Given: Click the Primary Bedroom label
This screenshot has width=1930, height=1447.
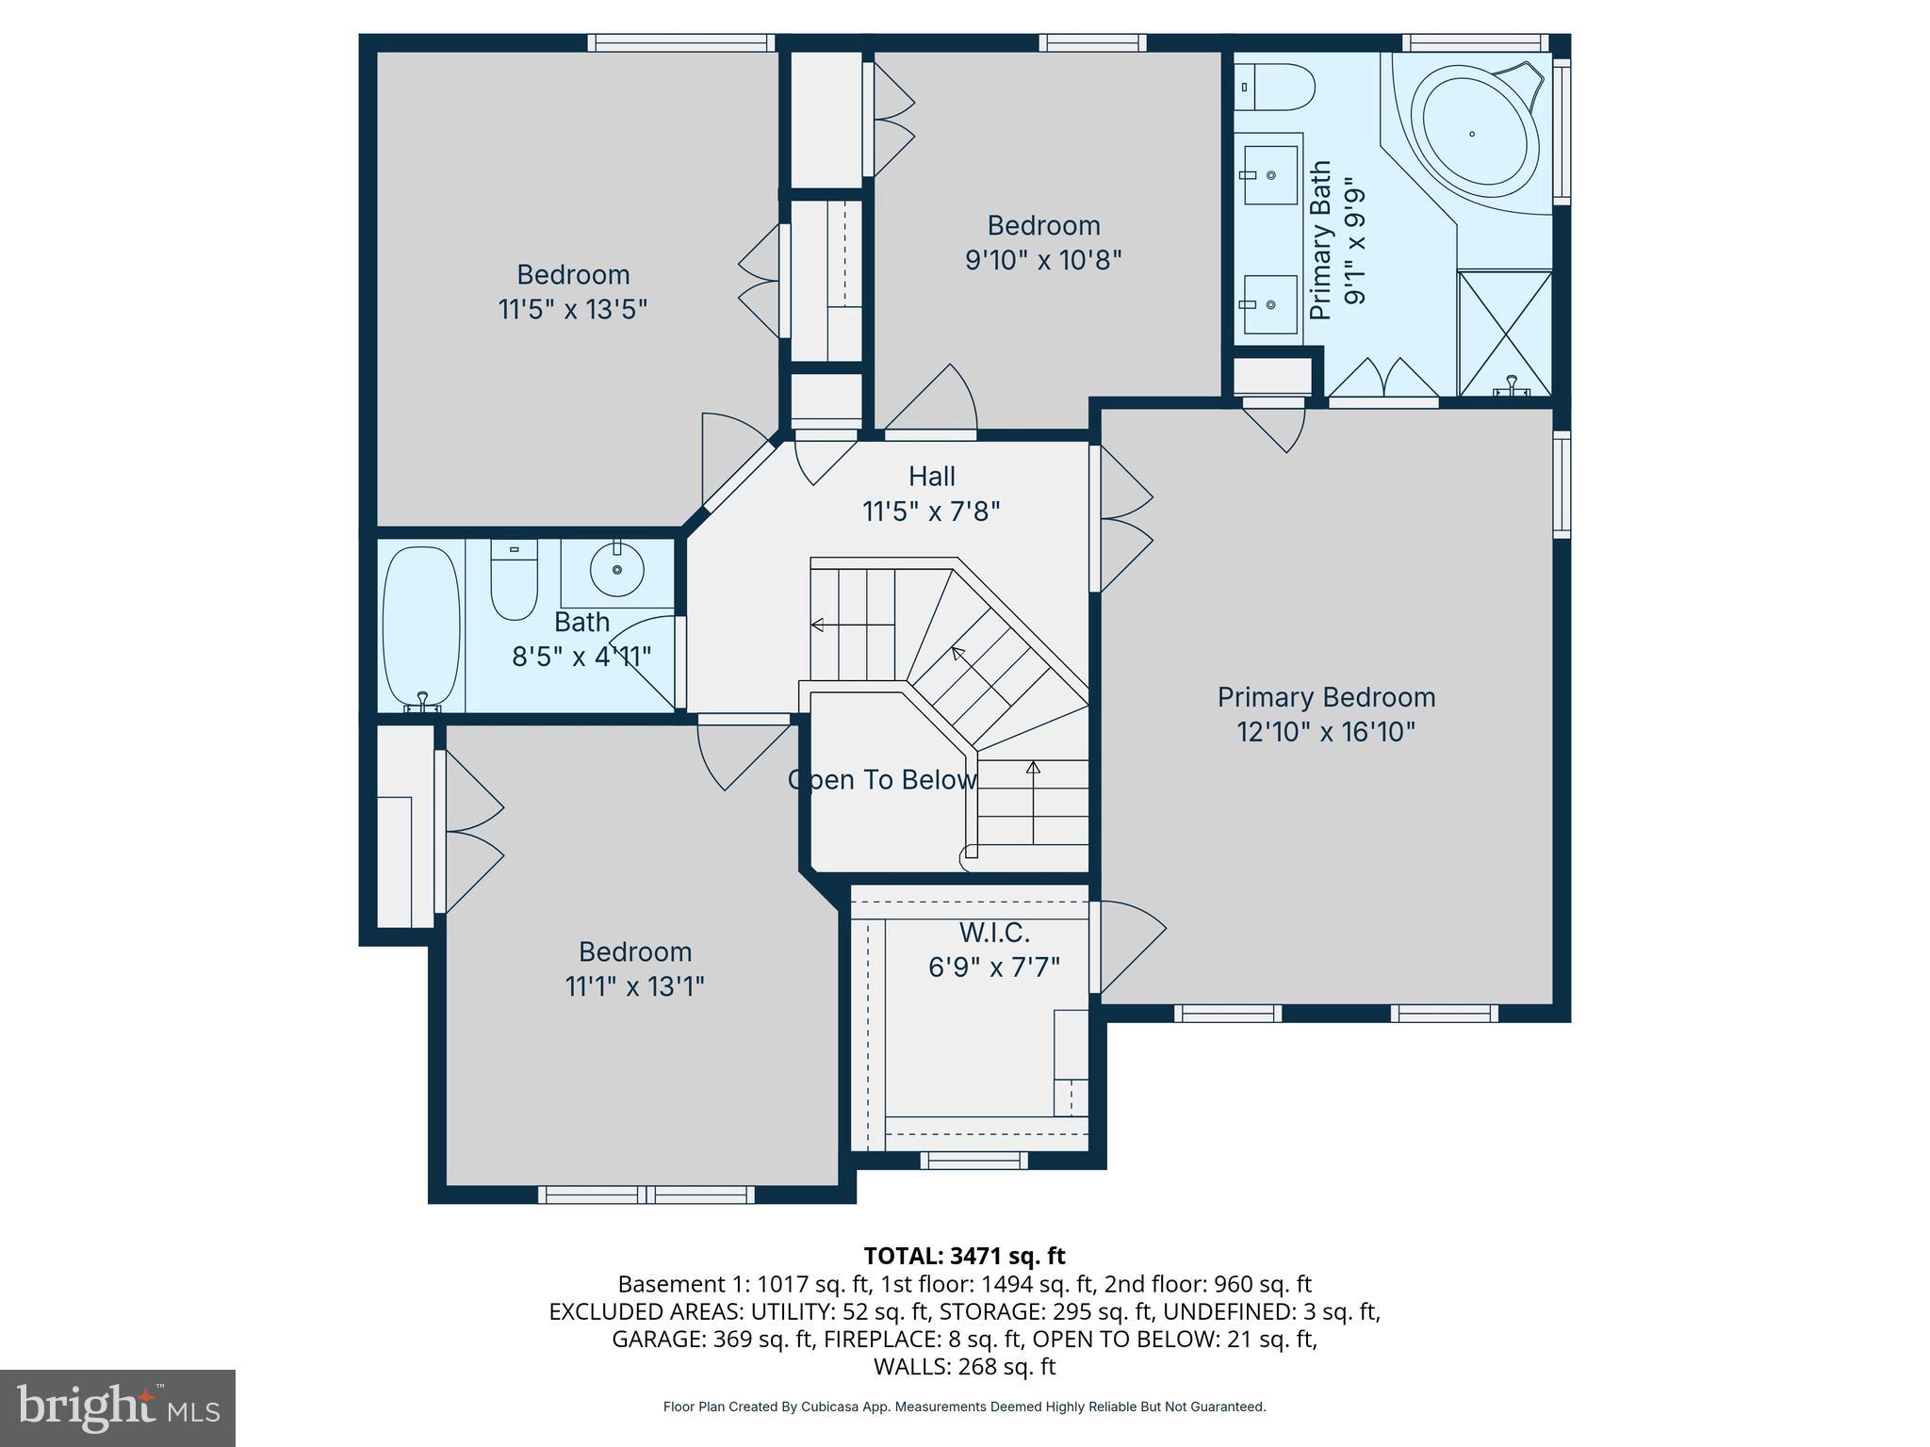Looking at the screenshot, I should (1326, 697).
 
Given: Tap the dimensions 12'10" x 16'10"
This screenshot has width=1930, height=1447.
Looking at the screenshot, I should (1326, 732).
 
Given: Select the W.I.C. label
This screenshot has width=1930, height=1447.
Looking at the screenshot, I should (994, 933).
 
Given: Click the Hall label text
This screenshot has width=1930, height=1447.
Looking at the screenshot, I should (931, 477).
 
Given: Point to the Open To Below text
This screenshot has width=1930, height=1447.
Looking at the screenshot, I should (882, 780).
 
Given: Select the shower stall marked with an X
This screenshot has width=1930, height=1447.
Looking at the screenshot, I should (1505, 332).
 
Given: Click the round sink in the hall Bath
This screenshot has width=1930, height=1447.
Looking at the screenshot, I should (617, 569).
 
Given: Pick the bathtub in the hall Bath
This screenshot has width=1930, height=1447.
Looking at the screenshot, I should (421, 627).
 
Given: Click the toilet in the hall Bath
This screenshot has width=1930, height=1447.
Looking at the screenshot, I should (514, 579).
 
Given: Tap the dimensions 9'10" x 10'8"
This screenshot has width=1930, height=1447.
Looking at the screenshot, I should (1043, 259).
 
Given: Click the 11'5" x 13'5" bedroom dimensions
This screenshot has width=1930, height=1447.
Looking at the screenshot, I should (572, 309).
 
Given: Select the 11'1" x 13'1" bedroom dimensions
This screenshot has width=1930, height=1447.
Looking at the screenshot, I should (634, 986).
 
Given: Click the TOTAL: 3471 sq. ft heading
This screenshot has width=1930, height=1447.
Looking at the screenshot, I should (964, 1256).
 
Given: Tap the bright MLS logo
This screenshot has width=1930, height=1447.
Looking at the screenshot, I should (118, 1408).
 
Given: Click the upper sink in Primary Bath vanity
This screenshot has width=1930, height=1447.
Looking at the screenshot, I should (1269, 175).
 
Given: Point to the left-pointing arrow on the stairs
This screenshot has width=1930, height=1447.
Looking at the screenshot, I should (818, 625).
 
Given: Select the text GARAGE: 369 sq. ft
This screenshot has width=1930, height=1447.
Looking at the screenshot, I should (711, 1339).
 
